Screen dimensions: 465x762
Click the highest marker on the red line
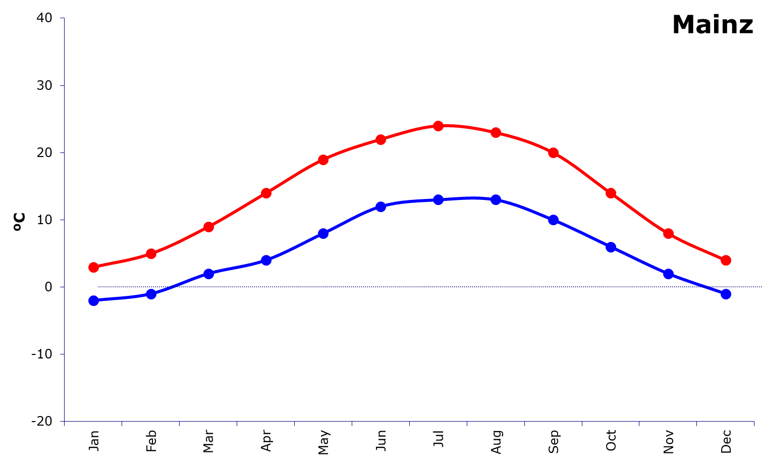point(439,126)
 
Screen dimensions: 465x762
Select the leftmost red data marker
point(93,267)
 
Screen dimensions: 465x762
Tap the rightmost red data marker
point(726,260)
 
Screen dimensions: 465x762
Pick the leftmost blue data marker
point(93,300)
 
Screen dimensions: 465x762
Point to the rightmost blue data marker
point(726,294)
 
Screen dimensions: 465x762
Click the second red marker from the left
point(151,253)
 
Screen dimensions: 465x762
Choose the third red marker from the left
point(208,227)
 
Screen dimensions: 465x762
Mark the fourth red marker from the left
point(266,193)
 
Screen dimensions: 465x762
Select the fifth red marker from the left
point(323,160)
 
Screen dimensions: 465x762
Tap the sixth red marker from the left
point(381,139)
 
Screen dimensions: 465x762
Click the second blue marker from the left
point(151,294)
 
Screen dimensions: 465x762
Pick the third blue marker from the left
point(208,274)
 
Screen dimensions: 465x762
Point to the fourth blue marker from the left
point(266,260)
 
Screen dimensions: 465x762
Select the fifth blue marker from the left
point(323,233)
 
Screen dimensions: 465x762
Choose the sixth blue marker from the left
point(381,206)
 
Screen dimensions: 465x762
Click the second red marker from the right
point(668,233)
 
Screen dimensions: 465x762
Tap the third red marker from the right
point(611,193)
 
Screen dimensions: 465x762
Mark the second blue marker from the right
point(668,274)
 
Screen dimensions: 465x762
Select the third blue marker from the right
point(611,247)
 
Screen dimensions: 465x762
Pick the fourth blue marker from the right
point(553,220)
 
